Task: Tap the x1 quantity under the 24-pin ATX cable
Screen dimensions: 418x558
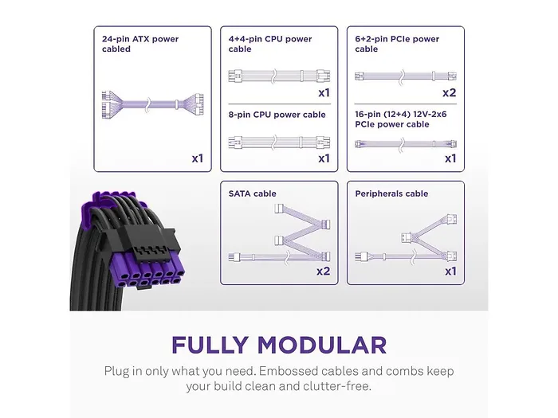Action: point(198,158)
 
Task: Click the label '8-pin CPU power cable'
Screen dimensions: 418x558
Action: point(277,115)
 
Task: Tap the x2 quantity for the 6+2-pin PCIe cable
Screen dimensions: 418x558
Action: point(450,93)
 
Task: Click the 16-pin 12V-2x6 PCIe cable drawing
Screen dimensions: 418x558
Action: point(406,144)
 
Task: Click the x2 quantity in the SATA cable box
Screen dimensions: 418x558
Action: point(323,272)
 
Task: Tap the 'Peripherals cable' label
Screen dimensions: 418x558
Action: point(391,193)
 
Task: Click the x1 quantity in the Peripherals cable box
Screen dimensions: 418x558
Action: point(450,272)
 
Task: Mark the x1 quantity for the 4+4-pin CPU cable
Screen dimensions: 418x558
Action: point(324,93)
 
